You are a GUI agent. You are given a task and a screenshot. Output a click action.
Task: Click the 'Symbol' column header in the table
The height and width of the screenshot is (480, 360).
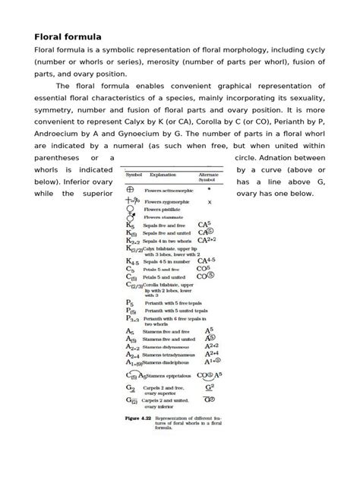click(x=134, y=174)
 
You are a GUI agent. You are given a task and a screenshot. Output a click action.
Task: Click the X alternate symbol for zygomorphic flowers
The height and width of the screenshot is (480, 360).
click(x=209, y=203)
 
